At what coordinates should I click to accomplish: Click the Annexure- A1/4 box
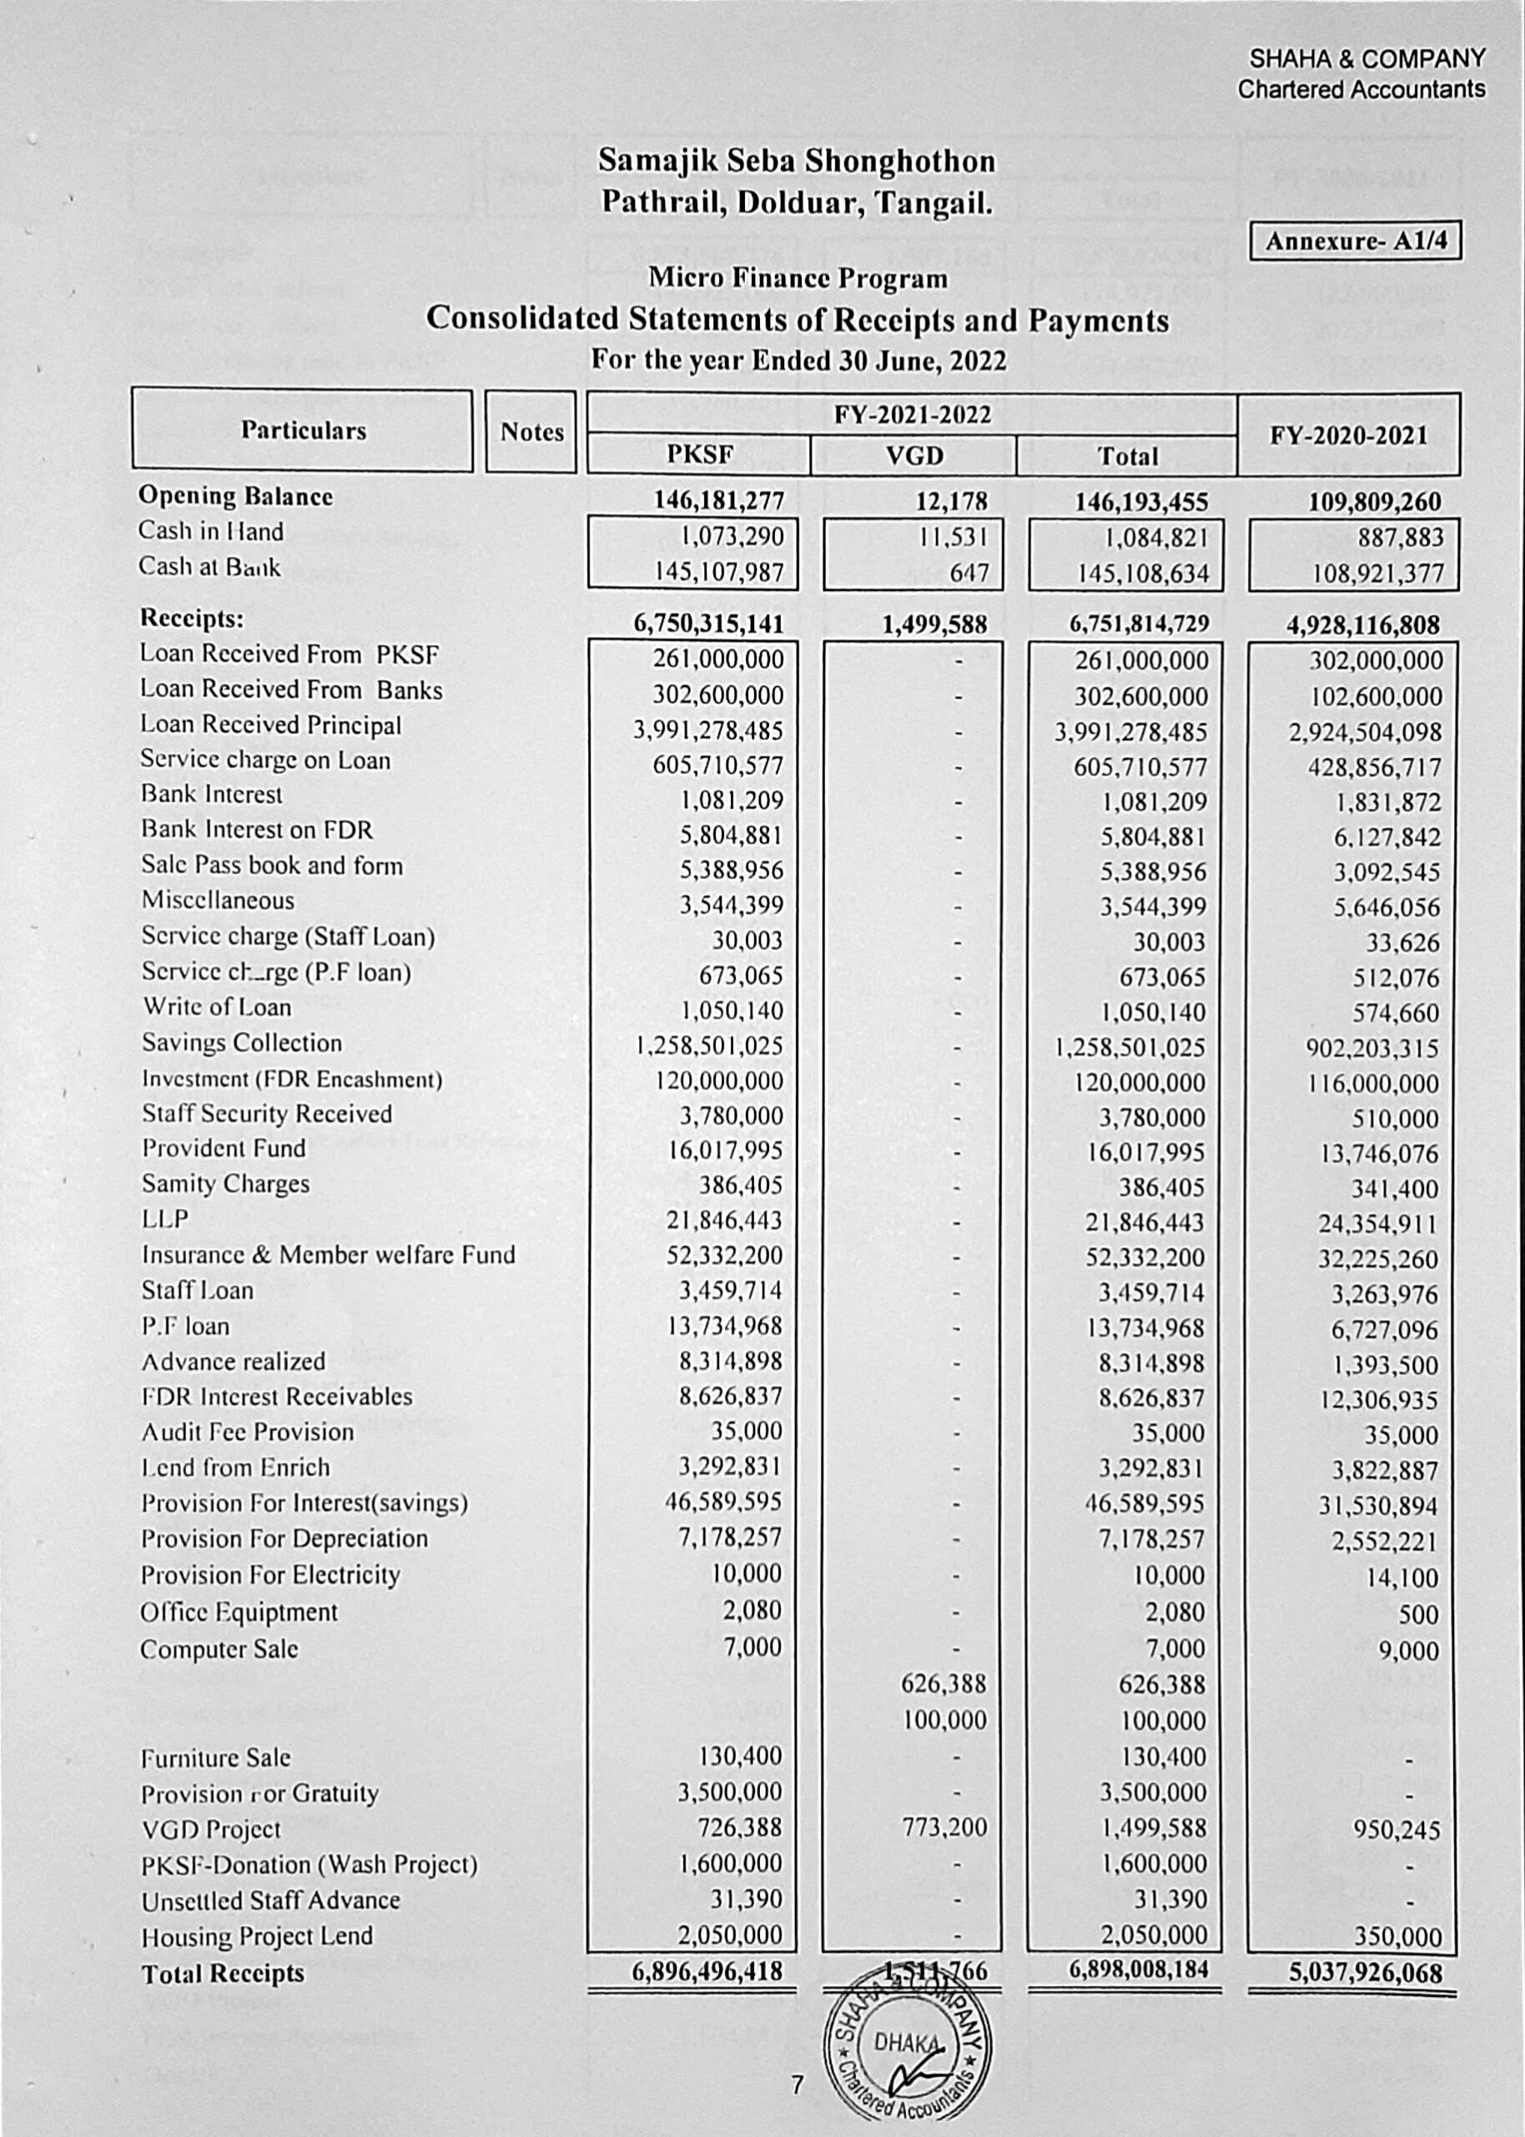(x=1354, y=241)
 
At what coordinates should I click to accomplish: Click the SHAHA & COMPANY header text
(x=1366, y=59)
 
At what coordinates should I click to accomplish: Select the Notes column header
(x=531, y=432)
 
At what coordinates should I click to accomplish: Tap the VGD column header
(x=913, y=457)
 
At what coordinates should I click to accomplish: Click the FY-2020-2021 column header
(x=1347, y=436)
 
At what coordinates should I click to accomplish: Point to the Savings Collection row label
(x=242, y=1043)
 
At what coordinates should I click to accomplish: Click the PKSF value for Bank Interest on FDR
(x=731, y=835)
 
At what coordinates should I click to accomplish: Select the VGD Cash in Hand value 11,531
(x=952, y=538)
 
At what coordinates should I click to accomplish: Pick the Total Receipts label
(x=224, y=1973)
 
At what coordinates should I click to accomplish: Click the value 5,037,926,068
(x=1365, y=1973)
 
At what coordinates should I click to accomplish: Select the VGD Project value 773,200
(x=944, y=1827)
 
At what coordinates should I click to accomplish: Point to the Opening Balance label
(x=236, y=496)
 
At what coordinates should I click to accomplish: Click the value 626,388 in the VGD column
(x=944, y=1683)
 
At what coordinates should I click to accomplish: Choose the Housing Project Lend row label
(x=257, y=1936)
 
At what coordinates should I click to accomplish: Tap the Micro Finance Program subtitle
(x=798, y=278)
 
